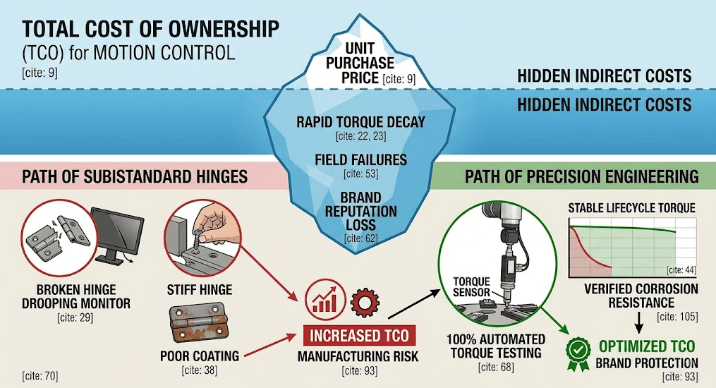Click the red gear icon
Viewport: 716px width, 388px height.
click(x=365, y=301)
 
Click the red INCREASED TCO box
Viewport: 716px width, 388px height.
click(x=359, y=336)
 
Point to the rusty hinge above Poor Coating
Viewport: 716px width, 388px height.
click(x=199, y=324)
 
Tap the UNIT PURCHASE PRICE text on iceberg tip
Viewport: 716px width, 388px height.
click(x=360, y=63)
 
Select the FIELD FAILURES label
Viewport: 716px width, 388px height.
click(x=360, y=159)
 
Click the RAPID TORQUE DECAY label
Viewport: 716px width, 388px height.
click(x=360, y=122)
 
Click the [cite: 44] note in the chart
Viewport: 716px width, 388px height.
click(x=681, y=269)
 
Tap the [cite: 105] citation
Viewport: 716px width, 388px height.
click(x=677, y=317)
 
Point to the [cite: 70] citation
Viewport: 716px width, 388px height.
click(x=40, y=376)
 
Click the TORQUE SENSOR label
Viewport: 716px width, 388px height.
click(x=471, y=286)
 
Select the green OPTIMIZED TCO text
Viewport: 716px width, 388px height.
click(x=647, y=346)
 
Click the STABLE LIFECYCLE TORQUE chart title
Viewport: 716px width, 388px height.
click(x=631, y=208)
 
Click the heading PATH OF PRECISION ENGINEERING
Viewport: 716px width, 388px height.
click(x=582, y=176)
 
